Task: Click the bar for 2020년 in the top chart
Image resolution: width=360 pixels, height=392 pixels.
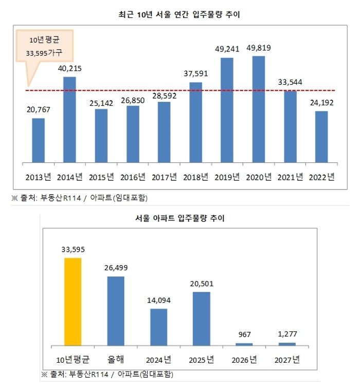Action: click(258, 109)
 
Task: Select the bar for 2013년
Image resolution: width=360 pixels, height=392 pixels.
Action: click(39, 140)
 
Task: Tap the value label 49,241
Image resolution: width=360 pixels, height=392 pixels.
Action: click(227, 50)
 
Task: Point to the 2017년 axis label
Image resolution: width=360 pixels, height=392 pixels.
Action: click(164, 177)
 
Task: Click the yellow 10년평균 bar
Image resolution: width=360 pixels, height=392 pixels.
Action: click(73, 302)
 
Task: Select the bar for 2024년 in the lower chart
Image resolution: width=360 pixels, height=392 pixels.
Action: click(158, 327)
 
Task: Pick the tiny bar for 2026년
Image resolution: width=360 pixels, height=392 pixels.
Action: click(244, 344)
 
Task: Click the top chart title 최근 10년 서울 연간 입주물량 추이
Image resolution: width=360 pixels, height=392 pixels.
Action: click(180, 15)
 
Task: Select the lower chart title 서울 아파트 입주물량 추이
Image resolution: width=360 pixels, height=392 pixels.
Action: click(180, 218)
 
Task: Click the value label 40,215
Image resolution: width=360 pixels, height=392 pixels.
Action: click(69, 68)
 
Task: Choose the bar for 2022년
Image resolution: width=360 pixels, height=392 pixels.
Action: click(321, 137)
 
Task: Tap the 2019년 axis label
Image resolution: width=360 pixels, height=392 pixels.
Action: click(227, 177)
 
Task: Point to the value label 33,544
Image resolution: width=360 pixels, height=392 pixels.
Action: click(290, 82)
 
